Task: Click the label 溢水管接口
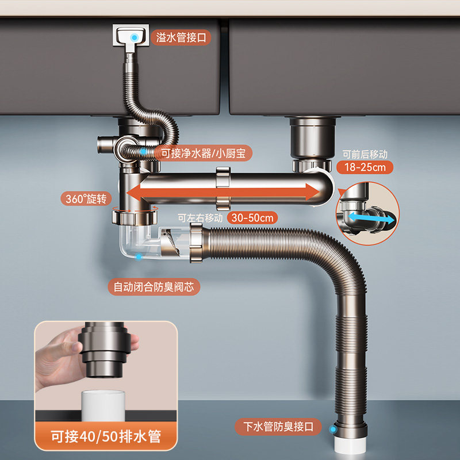click(181, 39)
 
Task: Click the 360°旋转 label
click(86, 200)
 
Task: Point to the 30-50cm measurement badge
click(251, 217)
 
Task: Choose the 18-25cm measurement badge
click(366, 167)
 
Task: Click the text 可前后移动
click(366, 154)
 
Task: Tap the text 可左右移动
click(200, 218)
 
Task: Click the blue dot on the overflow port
click(134, 36)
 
